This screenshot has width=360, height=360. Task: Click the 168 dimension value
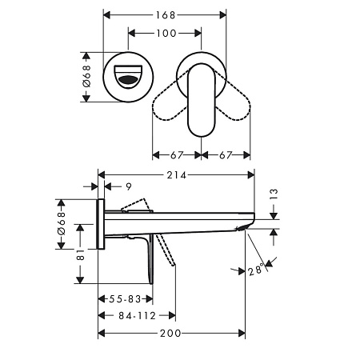166,14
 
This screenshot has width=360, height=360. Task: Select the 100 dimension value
166,34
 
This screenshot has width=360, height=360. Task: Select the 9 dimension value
129,187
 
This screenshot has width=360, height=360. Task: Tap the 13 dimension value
274,194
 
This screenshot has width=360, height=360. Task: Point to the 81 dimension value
79,254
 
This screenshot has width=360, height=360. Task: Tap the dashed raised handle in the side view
136,206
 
